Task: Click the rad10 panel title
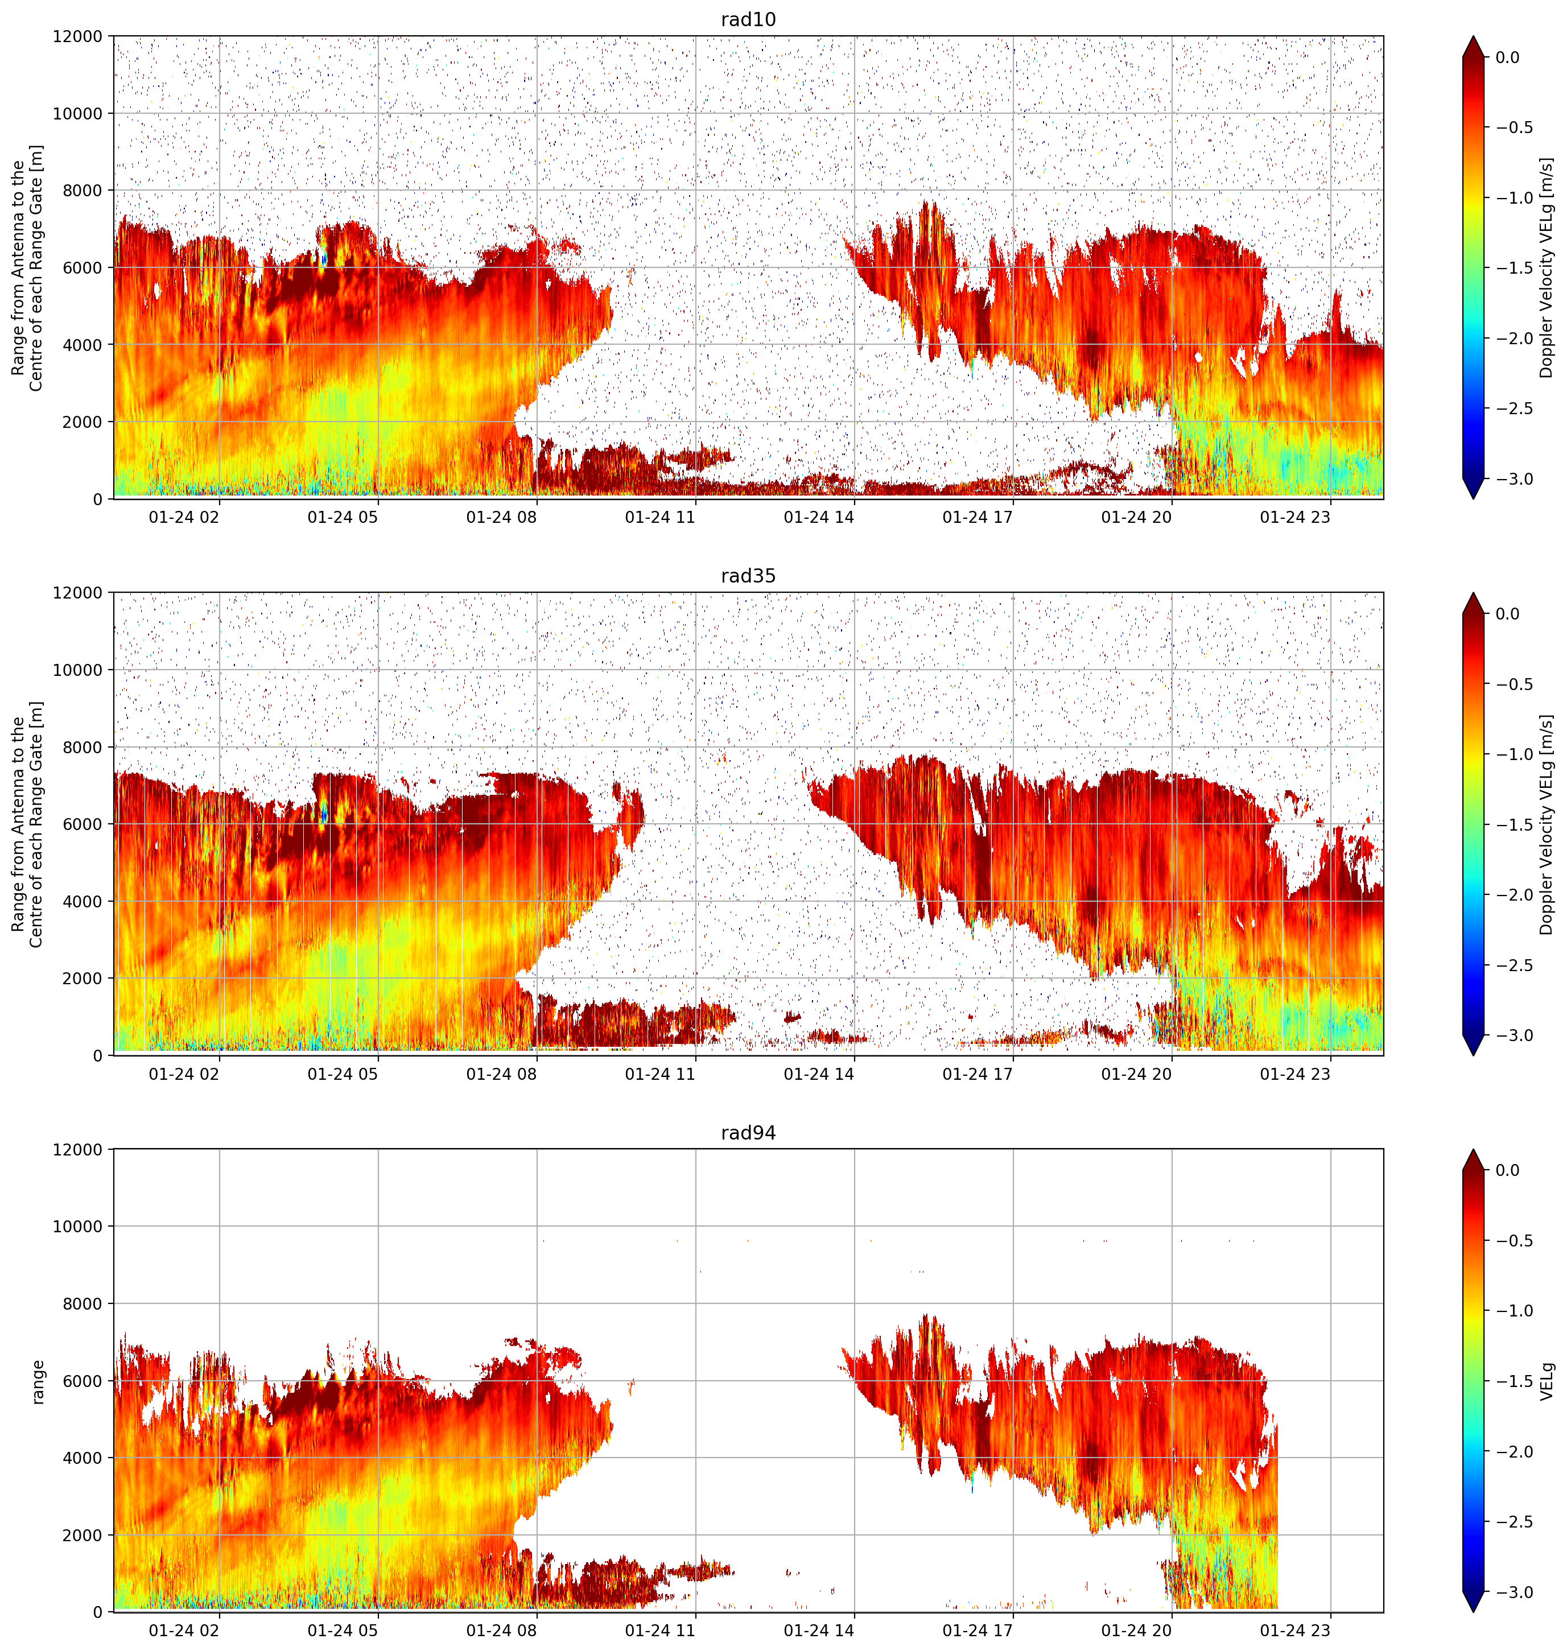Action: click(x=748, y=19)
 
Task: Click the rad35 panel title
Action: click(x=748, y=576)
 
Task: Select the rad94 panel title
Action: click(x=748, y=1133)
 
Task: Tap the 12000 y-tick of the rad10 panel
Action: click(x=78, y=37)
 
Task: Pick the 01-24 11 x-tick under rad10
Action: click(x=660, y=517)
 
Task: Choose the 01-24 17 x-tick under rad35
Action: click(x=978, y=1074)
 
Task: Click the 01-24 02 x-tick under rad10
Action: click(x=184, y=517)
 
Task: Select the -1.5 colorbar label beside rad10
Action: click(x=1514, y=268)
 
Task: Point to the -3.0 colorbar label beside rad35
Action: click(x=1514, y=1035)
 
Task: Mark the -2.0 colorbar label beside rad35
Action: click(x=1514, y=894)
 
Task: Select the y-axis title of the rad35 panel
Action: click(x=27, y=824)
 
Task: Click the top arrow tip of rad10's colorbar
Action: click(x=1474, y=36)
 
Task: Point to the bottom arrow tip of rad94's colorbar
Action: click(x=1474, y=1612)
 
